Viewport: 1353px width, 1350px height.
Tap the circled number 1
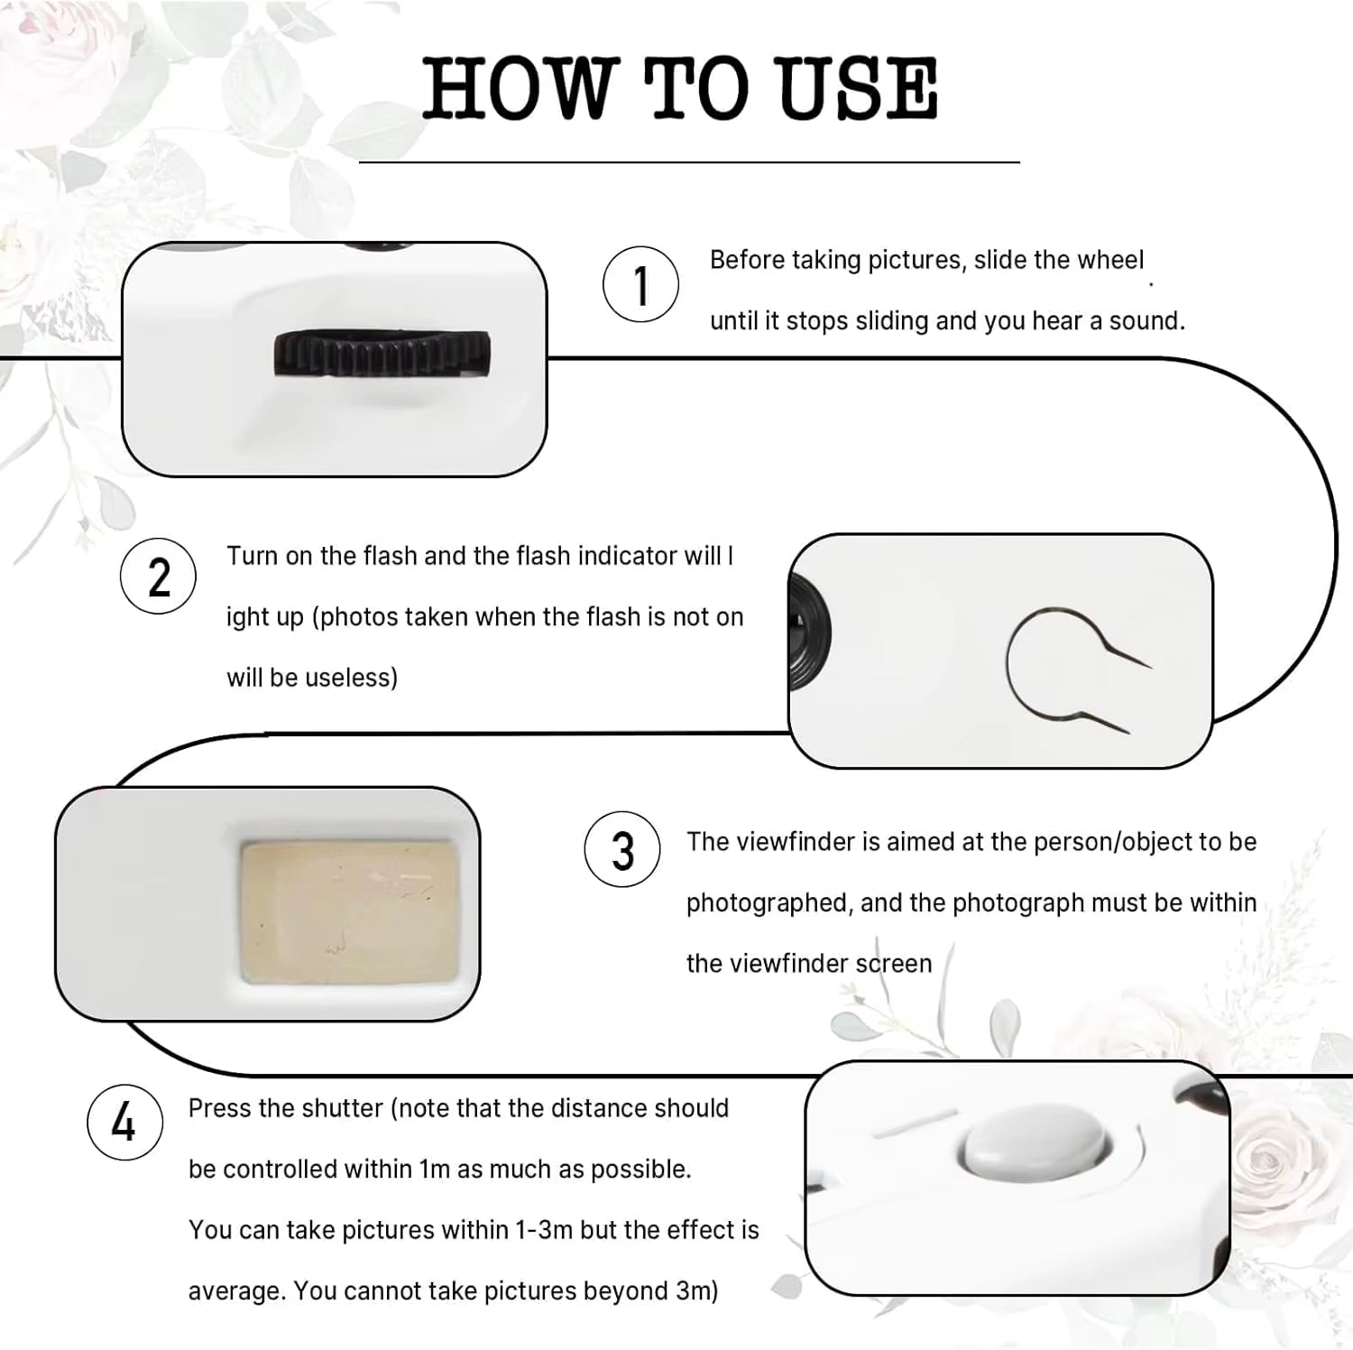pos(640,284)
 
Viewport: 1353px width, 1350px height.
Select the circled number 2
pos(158,576)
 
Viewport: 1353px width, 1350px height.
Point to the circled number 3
pos(622,849)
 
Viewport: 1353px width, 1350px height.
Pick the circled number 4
pos(124,1122)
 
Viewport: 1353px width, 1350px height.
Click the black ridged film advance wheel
pos(382,354)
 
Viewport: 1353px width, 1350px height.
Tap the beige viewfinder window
pos(349,911)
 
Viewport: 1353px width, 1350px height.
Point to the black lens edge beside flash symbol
pos(809,633)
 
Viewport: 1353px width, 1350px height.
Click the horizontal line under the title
pos(689,162)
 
